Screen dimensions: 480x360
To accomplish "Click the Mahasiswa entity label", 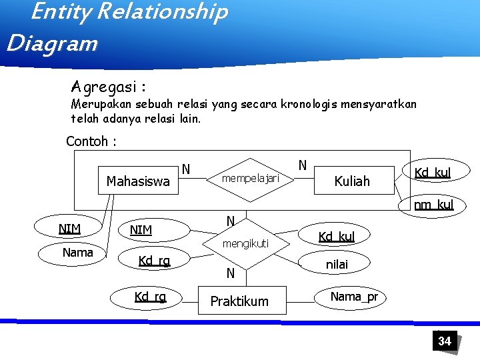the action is point(138,181).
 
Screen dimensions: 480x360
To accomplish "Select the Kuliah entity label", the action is point(351,181).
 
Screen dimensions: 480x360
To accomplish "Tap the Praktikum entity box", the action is point(239,301).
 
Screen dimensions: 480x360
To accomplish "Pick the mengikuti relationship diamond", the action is point(245,244).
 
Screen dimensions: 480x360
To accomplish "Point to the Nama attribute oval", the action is point(77,253).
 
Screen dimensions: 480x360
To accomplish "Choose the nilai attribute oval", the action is point(337,265).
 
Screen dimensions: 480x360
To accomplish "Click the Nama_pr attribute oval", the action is point(354,296).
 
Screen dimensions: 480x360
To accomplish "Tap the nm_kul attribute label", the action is point(433,205).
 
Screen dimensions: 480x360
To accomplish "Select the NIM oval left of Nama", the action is point(69,229).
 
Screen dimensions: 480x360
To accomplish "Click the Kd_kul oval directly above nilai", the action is point(337,237).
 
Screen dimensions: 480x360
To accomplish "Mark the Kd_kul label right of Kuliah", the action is point(433,173).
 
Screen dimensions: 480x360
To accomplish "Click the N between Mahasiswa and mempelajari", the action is point(186,169).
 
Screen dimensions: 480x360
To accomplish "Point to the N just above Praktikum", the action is point(230,273).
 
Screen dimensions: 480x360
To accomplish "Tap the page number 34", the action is point(445,341).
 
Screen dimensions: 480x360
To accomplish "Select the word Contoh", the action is point(87,142).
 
